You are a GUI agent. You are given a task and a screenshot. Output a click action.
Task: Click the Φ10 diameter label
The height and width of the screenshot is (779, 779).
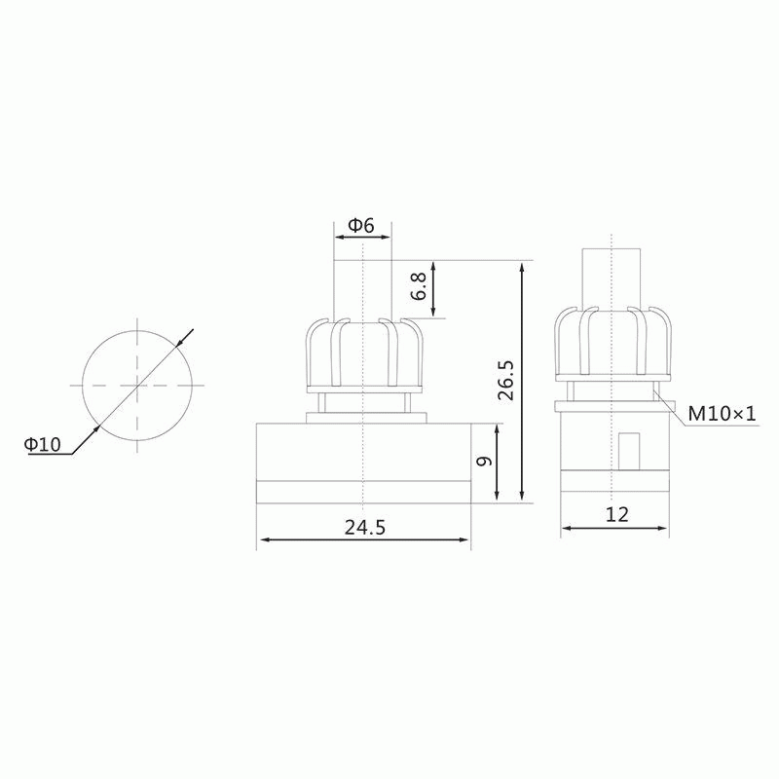(x=43, y=443)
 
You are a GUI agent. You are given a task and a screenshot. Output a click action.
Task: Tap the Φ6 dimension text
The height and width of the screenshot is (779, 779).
(x=361, y=226)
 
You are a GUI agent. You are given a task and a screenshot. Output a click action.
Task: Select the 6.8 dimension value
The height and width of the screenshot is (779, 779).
(x=419, y=285)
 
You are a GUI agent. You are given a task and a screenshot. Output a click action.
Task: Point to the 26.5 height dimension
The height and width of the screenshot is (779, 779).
(x=506, y=381)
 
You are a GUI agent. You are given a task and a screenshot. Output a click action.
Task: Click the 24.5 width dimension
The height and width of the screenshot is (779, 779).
(x=365, y=527)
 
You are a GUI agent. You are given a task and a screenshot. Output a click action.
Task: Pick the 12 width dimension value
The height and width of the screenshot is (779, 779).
(x=617, y=514)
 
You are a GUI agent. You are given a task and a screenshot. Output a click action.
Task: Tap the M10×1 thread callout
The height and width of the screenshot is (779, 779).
(x=722, y=413)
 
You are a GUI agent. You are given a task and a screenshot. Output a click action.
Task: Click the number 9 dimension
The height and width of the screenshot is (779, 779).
(x=483, y=461)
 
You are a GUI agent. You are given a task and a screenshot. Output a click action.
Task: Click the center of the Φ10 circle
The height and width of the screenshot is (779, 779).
(x=137, y=385)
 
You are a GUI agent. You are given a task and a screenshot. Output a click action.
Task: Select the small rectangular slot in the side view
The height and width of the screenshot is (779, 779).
(x=629, y=451)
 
